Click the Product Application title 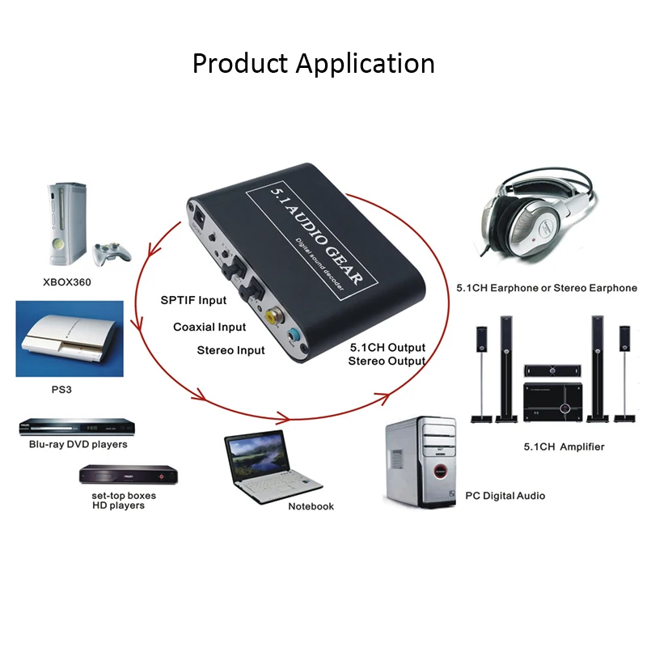point(313,63)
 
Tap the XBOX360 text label point(66,283)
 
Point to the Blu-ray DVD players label point(78,444)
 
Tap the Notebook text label point(311,506)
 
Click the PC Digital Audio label point(505,495)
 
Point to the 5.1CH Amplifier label point(564,446)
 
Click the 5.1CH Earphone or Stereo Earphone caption point(547,288)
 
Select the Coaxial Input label point(209,327)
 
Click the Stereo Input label point(230,350)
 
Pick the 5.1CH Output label point(387,348)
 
